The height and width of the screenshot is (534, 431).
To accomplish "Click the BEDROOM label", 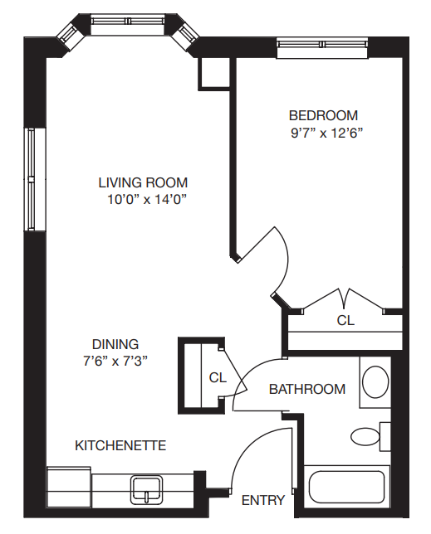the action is (x=323, y=115).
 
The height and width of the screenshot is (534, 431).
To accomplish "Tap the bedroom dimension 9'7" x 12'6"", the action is (x=326, y=133).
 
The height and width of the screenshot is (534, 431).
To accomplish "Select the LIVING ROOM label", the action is (x=143, y=182).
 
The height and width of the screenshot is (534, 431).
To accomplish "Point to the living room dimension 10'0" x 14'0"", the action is (x=148, y=199).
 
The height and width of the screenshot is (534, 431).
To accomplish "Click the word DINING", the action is (x=115, y=344).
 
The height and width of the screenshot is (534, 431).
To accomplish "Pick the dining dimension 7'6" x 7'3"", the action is (x=115, y=361).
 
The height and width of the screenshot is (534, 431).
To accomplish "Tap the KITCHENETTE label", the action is (x=120, y=445).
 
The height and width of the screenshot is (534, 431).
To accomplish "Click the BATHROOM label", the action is (x=307, y=389).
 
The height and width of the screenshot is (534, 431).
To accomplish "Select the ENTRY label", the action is (x=263, y=500).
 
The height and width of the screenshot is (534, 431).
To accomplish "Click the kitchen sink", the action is (x=146, y=490).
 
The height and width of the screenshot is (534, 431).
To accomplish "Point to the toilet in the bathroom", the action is (x=370, y=437).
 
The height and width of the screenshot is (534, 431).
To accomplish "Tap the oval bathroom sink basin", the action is (x=375, y=381).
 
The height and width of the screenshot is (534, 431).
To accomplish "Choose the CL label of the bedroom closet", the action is (x=345, y=320).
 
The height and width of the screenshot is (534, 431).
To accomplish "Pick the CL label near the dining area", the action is (x=218, y=377).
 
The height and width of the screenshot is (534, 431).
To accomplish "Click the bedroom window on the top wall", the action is (x=322, y=45).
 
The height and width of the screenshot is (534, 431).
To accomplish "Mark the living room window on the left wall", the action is (x=32, y=179).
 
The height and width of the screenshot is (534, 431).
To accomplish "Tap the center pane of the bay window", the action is (x=128, y=21).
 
